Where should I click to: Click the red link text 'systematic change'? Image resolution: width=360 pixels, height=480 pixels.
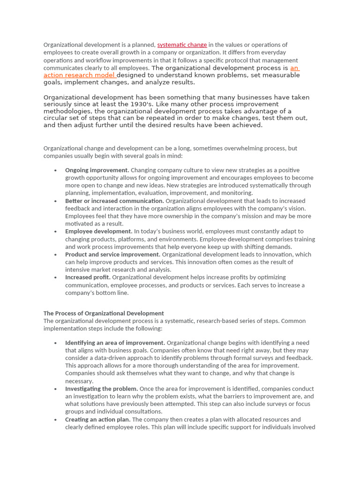(182, 45)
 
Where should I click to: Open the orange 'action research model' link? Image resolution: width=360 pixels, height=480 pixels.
(80, 75)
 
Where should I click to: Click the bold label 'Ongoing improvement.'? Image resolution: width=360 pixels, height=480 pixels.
(97, 170)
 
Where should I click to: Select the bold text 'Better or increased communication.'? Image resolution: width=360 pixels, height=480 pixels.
(114, 201)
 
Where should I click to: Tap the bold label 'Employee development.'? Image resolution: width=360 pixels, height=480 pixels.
(98, 231)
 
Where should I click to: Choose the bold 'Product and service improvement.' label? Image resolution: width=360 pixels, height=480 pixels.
(112, 255)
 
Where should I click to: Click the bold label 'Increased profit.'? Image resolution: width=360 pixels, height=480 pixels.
(88, 277)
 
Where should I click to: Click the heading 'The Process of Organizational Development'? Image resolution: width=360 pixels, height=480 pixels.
(104, 313)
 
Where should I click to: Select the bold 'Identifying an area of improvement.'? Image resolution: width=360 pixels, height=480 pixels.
(115, 343)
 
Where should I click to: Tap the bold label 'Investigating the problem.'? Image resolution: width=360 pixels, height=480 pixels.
(101, 389)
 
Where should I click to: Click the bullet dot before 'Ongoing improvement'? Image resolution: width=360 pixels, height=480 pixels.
(56, 171)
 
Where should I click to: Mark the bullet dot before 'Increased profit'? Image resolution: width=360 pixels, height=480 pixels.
(56, 277)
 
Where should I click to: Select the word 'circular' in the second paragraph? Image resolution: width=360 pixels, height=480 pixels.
(57, 118)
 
